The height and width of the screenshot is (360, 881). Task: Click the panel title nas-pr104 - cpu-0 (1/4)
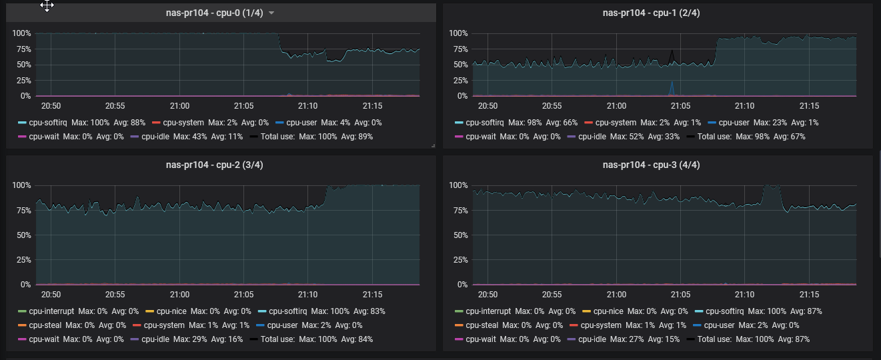click(x=215, y=13)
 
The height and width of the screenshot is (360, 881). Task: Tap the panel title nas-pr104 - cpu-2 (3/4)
click(x=215, y=165)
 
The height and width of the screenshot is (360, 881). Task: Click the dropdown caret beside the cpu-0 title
click(x=271, y=13)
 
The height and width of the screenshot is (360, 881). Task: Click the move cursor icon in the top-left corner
click(x=47, y=6)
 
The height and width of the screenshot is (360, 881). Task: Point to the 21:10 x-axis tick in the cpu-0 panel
click(x=308, y=106)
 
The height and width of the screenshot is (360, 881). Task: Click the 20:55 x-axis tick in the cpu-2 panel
click(x=115, y=295)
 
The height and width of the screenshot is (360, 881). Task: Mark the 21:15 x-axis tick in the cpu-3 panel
click(x=809, y=295)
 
